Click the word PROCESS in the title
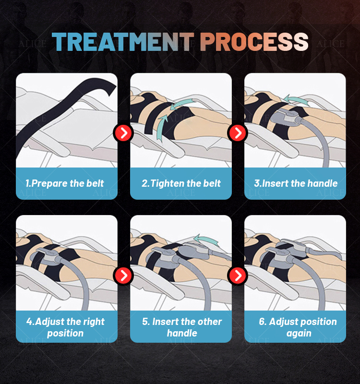click(x=254, y=42)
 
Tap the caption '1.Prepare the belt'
click(x=65, y=183)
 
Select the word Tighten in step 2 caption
click(x=167, y=183)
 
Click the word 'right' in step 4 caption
click(x=93, y=322)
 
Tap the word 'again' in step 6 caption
click(x=299, y=333)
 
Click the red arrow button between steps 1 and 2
click(x=123, y=133)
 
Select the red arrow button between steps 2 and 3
click(x=238, y=133)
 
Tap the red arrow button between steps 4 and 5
click(x=123, y=275)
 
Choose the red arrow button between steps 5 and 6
click(x=238, y=275)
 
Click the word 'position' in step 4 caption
click(x=65, y=333)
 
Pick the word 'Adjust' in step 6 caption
click(x=285, y=322)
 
